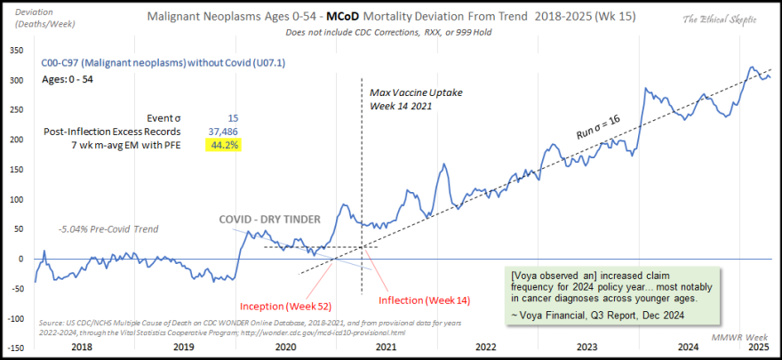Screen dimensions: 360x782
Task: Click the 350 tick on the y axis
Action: pos(17,51)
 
